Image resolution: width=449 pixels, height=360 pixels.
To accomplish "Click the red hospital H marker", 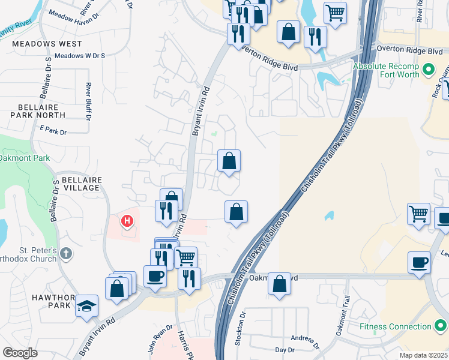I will tap(127, 221).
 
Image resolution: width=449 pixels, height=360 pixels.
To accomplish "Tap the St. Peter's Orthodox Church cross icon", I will tap(66, 254).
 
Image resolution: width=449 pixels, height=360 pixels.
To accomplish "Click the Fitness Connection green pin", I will tap(439, 327).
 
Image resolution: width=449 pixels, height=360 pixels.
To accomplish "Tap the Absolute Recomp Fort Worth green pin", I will tap(429, 70).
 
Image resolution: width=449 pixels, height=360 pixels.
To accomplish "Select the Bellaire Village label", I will tap(77, 184).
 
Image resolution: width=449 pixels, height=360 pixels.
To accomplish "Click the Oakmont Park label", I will tap(23, 158).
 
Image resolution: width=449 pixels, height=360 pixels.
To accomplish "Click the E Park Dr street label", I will tap(53, 130).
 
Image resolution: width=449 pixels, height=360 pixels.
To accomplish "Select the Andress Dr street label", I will tap(303, 341).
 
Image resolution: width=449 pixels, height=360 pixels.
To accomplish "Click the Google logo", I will tap(20, 353).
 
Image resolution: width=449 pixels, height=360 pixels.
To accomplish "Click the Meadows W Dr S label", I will tap(80, 56).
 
